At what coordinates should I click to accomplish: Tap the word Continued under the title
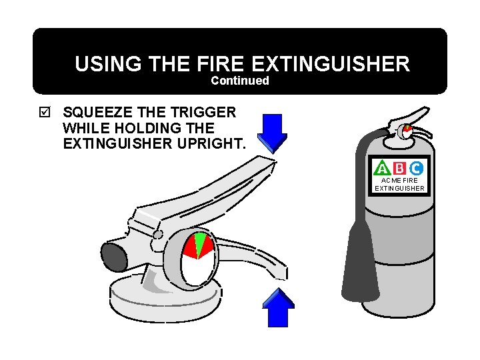[240, 81]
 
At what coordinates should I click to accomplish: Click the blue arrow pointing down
[272, 131]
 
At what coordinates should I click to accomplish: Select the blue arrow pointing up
[277, 308]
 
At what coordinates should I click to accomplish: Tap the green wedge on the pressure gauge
[200, 243]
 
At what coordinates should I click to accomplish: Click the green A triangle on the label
[383, 169]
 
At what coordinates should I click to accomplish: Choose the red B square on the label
[399, 169]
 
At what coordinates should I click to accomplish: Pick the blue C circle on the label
[415, 169]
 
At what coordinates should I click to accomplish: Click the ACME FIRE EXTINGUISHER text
[399, 184]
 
